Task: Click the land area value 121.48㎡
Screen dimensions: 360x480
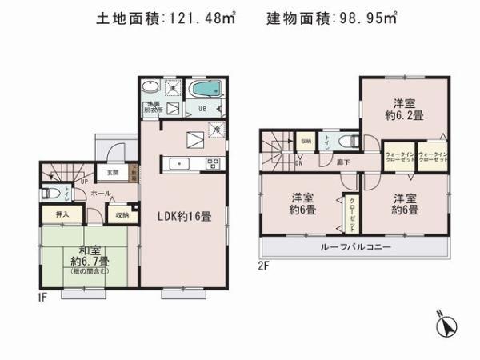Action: point(210,17)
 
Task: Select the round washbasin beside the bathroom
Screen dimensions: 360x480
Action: point(150,88)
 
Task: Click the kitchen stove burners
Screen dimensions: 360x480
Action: point(214,164)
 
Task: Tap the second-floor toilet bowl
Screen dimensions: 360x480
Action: point(347,142)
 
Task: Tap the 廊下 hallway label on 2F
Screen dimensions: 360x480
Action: point(342,162)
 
